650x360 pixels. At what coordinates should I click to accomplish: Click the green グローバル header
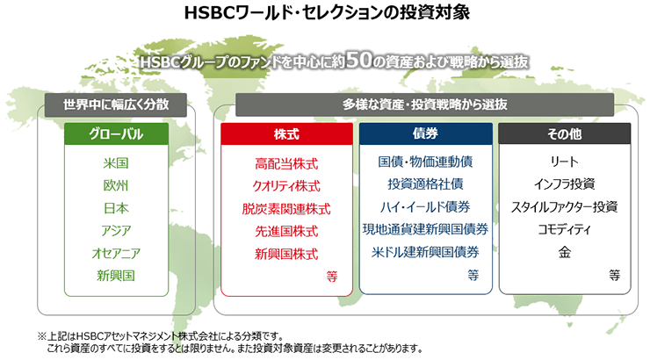(116, 133)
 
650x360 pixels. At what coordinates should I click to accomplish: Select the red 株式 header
(286, 133)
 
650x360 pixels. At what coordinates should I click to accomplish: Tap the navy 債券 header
(426, 133)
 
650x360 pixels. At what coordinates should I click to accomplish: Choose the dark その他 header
(565, 133)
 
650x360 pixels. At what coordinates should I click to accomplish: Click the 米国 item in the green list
(116, 162)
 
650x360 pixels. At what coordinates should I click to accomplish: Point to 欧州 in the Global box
(116, 185)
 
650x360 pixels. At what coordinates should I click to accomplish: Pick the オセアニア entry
(116, 253)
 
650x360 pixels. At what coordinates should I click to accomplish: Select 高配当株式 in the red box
(286, 164)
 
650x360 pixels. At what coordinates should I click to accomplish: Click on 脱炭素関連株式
(286, 209)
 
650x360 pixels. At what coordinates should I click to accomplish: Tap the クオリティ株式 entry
(286, 186)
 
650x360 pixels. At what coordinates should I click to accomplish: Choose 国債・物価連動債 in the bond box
(426, 162)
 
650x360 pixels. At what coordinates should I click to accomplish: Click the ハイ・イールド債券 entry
(426, 206)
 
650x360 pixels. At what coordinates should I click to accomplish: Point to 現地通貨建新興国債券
(426, 229)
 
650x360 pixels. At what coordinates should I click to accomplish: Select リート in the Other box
(565, 162)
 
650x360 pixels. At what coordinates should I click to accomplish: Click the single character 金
(565, 252)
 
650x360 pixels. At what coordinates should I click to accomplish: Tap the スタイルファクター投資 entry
(565, 206)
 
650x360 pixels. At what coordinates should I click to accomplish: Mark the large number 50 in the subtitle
(359, 60)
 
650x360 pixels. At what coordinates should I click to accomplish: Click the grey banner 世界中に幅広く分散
(116, 104)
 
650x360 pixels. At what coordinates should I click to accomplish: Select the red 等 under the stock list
(332, 276)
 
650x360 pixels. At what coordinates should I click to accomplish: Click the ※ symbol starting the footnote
(42, 336)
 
